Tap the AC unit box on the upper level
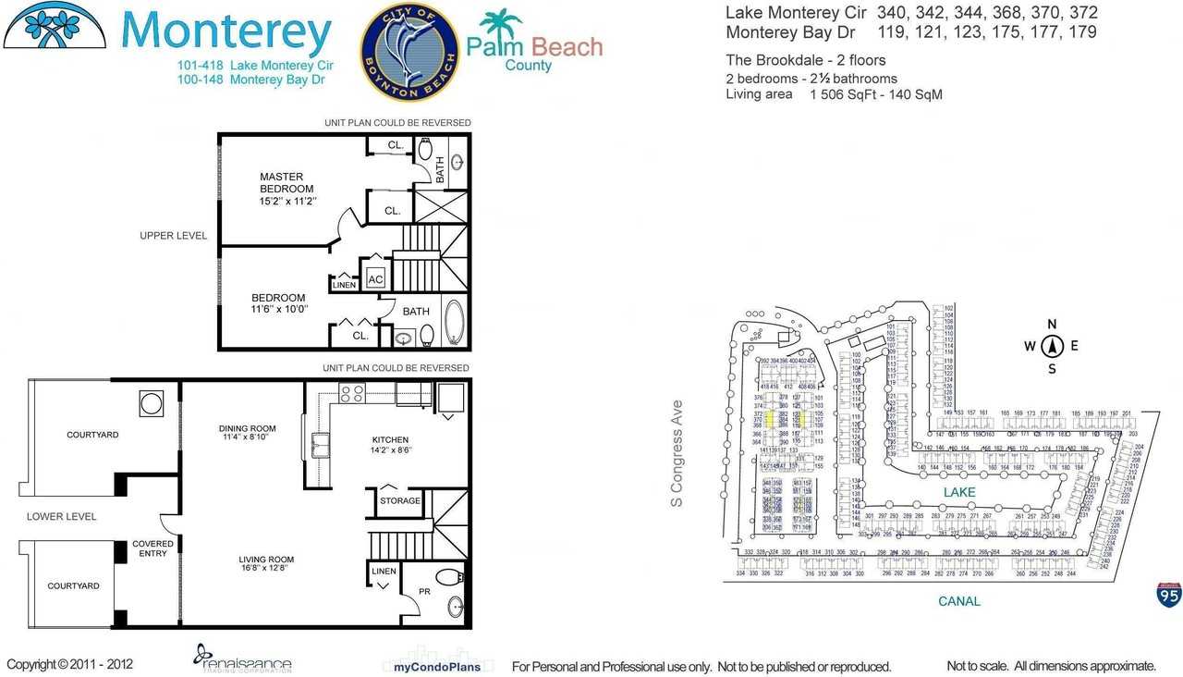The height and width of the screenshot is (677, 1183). [376, 278]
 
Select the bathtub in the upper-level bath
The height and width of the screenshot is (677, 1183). [455, 320]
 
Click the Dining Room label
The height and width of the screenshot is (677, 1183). [247, 434]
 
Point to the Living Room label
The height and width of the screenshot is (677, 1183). [266, 564]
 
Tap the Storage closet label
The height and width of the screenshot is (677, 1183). [399, 501]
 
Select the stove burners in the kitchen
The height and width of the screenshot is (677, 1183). [351, 393]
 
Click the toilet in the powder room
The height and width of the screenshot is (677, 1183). [448, 578]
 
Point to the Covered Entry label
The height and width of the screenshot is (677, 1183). [152, 548]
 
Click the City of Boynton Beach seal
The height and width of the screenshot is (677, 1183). [409, 51]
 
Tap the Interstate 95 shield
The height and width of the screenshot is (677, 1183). [1168, 594]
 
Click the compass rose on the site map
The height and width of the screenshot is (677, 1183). [1051, 347]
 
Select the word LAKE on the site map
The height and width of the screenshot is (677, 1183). [959, 493]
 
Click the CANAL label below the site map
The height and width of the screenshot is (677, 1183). [959, 601]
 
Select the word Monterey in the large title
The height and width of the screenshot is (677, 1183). [226, 32]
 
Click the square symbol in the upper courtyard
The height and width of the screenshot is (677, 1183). [151, 403]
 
